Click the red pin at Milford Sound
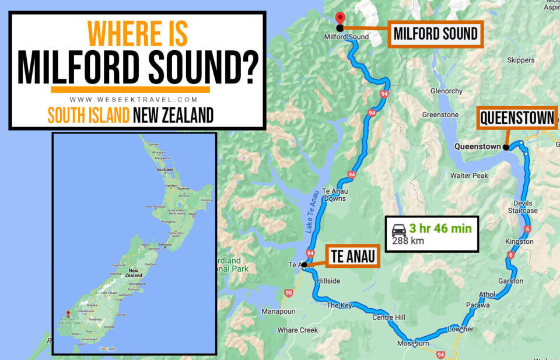point(340,18)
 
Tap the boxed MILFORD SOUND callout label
point(435,34)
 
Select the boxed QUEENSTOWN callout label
point(516,119)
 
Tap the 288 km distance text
point(408,240)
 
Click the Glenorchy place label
point(446,91)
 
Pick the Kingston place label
point(519,241)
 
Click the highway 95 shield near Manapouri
point(288,292)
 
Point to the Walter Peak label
point(469,176)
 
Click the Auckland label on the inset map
point(165,169)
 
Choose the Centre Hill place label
point(388,317)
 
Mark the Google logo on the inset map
point(107,348)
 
